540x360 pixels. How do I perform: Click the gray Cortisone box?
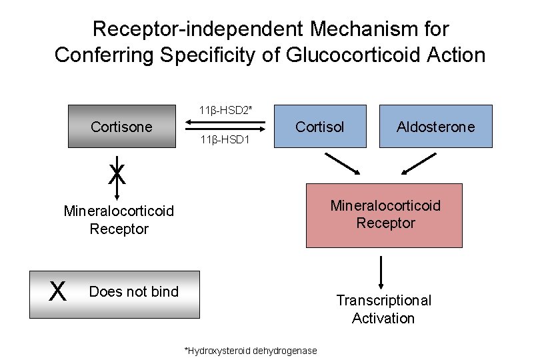[x=121, y=126]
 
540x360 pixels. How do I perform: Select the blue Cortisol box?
[x=319, y=126]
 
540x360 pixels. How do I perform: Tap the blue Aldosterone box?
[x=435, y=126]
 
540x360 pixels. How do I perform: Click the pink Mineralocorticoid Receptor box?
[x=385, y=215]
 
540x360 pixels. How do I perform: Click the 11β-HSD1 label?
[x=225, y=141]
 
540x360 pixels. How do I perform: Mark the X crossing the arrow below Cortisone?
[x=117, y=174]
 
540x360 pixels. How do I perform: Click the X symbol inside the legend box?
[x=59, y=291]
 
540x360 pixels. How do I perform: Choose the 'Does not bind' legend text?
[x=133, y=291]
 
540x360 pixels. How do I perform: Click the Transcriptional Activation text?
[x=383, y=309]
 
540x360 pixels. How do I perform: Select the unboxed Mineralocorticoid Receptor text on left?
[x=119, y=220]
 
